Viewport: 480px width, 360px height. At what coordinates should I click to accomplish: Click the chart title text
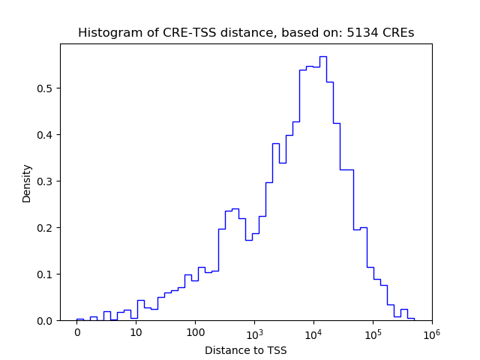point(246,33)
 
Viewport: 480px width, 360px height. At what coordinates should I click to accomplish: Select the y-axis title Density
point(27,182)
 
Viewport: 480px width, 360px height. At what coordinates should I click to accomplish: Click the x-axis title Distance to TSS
point(246,350)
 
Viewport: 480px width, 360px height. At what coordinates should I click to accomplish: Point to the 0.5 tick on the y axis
point(46,88)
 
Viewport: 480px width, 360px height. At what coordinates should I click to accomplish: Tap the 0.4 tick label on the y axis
point(46,135)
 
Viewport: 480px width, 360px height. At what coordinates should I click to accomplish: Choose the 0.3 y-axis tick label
point(46,181)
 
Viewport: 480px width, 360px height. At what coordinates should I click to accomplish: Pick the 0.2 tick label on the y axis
point(46,228)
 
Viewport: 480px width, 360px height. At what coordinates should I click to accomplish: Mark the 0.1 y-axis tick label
point(46,274)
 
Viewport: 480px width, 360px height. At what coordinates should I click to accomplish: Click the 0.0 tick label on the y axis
point(46,321)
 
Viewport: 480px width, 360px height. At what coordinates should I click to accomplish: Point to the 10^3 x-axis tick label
point(254,332)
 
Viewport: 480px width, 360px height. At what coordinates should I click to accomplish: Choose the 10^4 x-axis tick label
point(313,332)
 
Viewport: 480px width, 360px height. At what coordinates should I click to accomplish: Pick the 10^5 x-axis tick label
point(373,332)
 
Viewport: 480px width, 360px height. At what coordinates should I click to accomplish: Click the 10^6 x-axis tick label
point(431,332)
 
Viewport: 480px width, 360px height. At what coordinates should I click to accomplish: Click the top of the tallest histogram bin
point(322,56)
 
